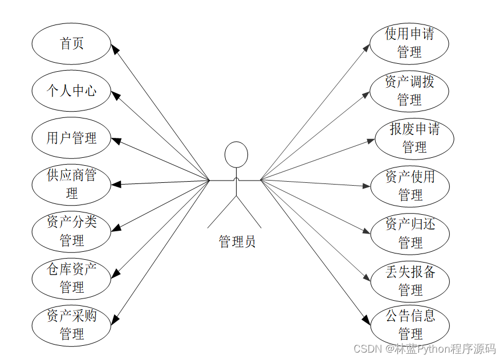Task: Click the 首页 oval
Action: [72, 43]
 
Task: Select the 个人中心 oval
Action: [72, 91]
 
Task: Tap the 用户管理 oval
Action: [72, 138]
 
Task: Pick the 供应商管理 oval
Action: [72, 185]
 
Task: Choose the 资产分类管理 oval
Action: [72, 231]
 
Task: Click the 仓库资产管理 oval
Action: [72, 278]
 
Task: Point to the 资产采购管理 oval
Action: [72, 325]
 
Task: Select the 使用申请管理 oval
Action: [409, 43]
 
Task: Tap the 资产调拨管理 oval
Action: [409, 91]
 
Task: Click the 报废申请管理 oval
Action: [414, 138]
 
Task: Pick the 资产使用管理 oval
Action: [410, 186]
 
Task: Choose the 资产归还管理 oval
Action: [410, 233]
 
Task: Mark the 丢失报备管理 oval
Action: [410, 281]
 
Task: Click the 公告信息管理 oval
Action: [410, 324]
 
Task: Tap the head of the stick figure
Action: [236, 155]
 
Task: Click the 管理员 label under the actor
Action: [237, 242]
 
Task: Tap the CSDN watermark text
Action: [424, 349]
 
